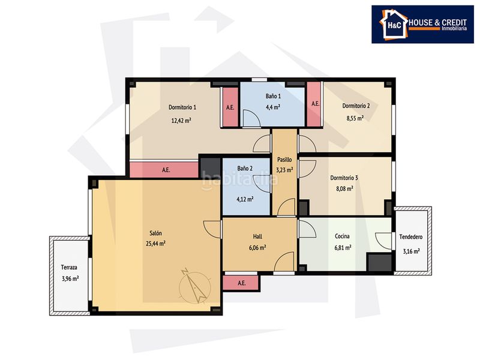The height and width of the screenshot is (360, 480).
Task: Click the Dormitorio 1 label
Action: [182, 107]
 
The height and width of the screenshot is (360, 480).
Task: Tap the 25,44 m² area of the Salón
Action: [156, 244]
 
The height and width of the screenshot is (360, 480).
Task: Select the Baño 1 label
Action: [273, 96]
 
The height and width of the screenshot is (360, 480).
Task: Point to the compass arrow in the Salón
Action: [194, 286]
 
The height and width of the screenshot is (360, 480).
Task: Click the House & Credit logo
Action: [422, 24]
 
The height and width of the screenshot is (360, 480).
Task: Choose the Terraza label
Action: [69, 267]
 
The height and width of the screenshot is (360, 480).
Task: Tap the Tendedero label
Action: [411, 236]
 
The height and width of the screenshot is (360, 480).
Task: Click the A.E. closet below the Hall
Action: [241, 283]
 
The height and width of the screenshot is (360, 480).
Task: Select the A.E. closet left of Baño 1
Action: [230, 107]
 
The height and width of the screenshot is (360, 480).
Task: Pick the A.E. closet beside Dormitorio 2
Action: [314, 104]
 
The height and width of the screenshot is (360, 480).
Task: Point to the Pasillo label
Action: [284, 160]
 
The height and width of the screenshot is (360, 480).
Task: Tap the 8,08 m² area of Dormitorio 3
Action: [344, 188]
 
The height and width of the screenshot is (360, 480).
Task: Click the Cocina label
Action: [342, 236]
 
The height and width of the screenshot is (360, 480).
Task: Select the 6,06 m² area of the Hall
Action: [257, 248]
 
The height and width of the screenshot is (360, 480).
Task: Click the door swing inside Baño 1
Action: [251, 118]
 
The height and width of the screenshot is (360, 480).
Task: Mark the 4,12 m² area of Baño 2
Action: [245, 199]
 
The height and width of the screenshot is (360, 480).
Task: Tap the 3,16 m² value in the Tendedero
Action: [411, 251]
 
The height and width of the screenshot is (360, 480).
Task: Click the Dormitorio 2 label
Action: [356, 106]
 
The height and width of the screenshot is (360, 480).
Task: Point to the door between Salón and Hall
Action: [212, 229]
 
